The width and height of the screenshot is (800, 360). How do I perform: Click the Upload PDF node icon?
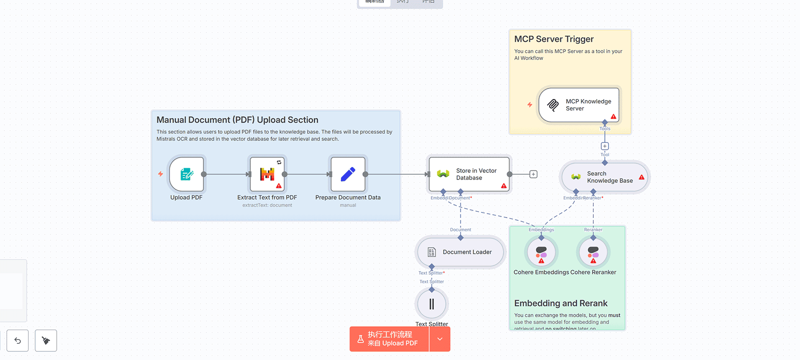coord(187,174)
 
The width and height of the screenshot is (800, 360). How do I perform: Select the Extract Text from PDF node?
coord(267,174)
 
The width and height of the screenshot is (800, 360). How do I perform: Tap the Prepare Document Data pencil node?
coord(348,174)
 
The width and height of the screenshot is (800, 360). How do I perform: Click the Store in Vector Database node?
coord(469,174)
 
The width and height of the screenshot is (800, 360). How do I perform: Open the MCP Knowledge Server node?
coord(579,105)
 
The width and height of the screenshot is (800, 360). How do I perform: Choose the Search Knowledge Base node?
coord(604,177)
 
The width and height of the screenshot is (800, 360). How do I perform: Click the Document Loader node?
coord(460,252)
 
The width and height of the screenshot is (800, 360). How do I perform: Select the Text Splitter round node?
coord(431,304)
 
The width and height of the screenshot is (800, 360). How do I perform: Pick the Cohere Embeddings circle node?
coord(541,252)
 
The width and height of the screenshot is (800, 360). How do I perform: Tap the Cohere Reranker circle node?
coord(593,252)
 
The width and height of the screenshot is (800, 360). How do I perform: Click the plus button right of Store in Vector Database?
coord(533,174)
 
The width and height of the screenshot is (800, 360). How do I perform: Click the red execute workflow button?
coord(390,339)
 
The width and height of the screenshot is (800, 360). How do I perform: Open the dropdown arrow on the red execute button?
coord(440,339)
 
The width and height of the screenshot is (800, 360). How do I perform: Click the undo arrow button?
coord(18,340)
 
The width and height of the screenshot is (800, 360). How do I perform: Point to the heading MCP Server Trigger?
coord(554,39)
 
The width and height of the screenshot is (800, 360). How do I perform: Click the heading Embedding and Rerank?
coord(560,303)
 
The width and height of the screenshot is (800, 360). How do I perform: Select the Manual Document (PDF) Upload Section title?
coord(237,120)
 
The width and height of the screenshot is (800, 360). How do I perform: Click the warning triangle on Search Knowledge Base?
coord(641,177)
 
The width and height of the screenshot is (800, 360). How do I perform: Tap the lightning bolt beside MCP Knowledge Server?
coord(530,105)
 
